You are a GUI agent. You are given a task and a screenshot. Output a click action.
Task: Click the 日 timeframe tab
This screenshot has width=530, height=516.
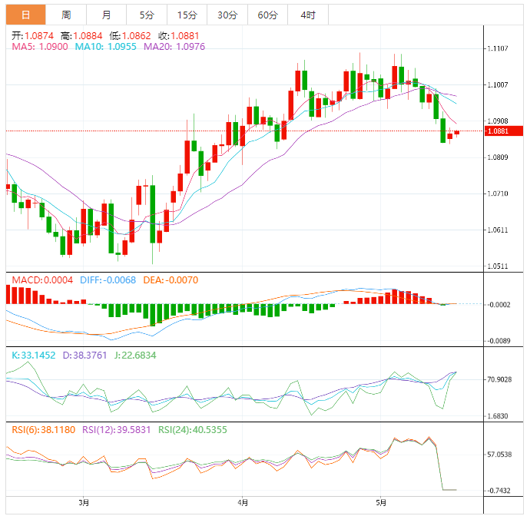tap(26, 15)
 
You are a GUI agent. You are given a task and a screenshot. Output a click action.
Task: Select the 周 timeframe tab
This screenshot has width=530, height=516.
tap(66, 15)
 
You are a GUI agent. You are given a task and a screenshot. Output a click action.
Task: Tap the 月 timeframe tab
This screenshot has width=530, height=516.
tap(106, 15)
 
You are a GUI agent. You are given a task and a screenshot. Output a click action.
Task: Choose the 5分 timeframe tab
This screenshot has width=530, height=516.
tap(146, 15)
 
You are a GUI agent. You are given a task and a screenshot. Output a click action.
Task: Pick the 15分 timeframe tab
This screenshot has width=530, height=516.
tap(187, 15)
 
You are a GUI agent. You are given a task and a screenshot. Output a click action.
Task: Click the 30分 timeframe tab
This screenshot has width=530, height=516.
tap(227, 15)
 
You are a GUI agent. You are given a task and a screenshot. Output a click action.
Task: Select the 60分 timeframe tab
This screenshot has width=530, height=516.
tap(268, 15)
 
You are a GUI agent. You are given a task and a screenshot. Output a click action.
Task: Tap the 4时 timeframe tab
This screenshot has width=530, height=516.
tap(308, 15)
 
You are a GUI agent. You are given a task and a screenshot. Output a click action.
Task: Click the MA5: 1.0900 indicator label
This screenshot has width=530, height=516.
tap(40, 47)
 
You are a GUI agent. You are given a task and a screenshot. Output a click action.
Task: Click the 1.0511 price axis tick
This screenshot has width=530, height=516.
tap(498, 266)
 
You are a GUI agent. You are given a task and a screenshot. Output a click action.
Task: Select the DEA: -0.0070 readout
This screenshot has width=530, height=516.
tap(170, 280)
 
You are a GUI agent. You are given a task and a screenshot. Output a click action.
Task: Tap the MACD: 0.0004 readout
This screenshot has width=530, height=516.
tap(42, 280)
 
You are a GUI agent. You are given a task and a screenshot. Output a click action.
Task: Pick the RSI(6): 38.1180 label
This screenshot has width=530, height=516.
tap(43, 430)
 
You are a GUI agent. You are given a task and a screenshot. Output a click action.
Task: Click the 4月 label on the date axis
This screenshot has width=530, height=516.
tap(243, 504)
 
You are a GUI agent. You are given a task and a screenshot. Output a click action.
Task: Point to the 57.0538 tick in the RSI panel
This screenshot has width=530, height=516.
tap(499, 455)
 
